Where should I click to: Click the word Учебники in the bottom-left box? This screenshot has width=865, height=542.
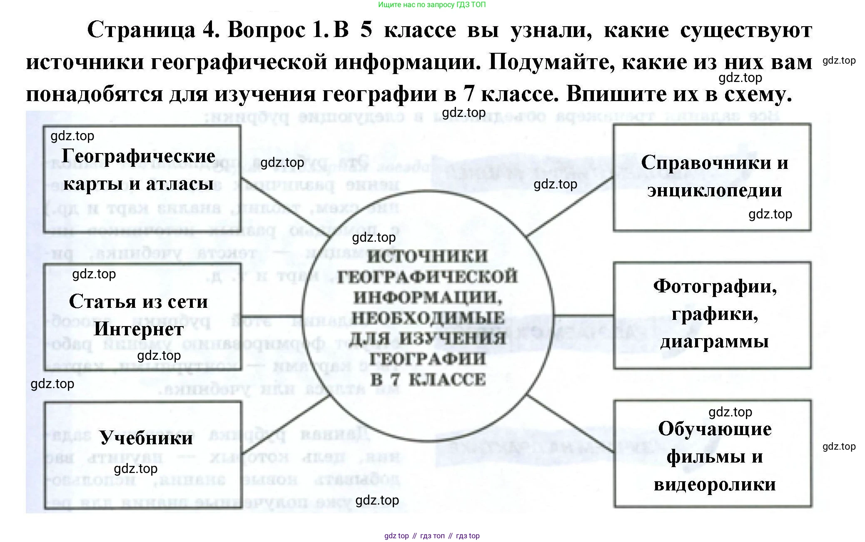click(x=146, y=438)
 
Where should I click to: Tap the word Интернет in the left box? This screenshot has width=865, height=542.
click(x=139, y=329)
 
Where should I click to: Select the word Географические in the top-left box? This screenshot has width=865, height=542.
click(x=138, y=156)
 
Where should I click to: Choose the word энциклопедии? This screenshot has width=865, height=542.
click(x=715, y=190)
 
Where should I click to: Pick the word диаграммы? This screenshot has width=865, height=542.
click(x=715, y=342)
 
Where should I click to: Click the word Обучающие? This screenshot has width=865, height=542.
click(x=715, y=429)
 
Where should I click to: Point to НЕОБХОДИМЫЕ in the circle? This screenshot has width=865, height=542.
click(x=428, y=318)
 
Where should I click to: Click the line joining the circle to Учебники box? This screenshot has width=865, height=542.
click(x=286, y=424)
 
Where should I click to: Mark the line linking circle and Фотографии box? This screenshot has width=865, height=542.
click(x=583, y=315)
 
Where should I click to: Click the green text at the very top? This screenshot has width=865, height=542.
click(x=432, y=5)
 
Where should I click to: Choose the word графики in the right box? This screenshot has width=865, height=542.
click(x=715, y=314)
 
